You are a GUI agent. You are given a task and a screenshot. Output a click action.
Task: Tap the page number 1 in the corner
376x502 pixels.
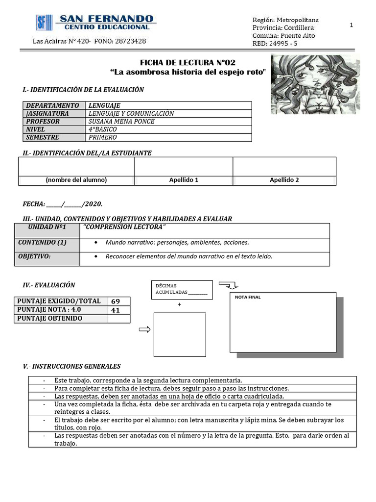coord(352,25)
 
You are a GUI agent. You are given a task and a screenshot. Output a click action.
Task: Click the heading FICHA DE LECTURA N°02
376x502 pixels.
coord(188,63)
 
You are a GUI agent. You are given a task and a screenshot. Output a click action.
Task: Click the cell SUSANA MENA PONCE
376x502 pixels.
coord(121,122)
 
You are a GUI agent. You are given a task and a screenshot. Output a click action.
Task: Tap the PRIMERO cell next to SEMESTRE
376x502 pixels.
coord(102,137)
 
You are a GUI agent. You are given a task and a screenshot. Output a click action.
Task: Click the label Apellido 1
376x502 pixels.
coord(184,180)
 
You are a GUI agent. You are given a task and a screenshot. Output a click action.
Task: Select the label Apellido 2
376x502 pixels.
coord(284,180)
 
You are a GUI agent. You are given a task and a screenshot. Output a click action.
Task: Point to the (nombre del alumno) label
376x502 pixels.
coord(76,180)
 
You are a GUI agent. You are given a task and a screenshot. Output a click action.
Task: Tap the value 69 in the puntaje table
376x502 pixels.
coord(116,301)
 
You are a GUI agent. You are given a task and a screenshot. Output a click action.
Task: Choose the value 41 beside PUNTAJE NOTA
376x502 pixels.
coord(116,310)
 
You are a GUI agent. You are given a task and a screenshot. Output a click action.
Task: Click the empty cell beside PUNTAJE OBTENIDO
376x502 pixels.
coord(119,319)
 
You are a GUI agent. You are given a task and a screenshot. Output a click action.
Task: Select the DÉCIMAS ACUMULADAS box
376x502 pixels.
coord(181,289)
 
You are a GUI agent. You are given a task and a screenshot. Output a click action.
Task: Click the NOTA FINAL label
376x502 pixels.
coord(248,297)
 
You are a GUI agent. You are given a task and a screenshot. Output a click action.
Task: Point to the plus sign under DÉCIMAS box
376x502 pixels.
coord(179,304)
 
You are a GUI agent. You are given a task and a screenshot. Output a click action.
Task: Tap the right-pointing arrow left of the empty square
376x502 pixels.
coord(145,330)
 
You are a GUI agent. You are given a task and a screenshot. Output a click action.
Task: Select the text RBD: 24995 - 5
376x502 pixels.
coord(275,43)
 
